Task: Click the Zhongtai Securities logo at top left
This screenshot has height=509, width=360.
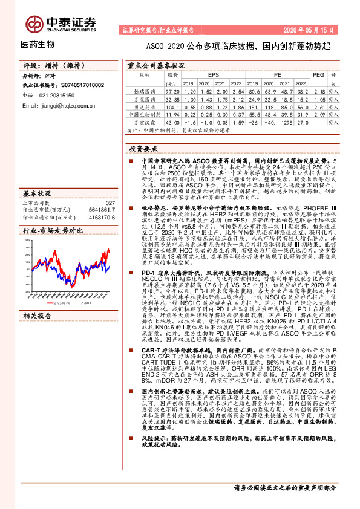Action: [x=66, y=23]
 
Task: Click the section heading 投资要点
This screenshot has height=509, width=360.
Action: [x=144, y=148]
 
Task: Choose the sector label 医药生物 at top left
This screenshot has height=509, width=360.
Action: [x=38, y=44]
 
